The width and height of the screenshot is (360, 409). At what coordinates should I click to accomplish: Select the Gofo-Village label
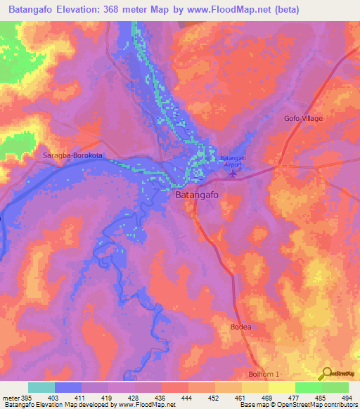[303, 118]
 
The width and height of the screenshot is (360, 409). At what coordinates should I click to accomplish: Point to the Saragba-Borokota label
[68, 155]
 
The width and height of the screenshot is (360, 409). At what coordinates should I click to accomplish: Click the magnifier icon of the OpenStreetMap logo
[326, 373]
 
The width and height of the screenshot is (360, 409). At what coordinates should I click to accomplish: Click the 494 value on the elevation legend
[347, 398]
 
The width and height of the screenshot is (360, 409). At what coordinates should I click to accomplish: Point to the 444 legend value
[187, 398]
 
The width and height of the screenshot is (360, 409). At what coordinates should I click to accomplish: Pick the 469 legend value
[267, 398]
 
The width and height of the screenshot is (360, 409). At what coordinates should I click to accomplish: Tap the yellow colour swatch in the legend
[281, 387]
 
